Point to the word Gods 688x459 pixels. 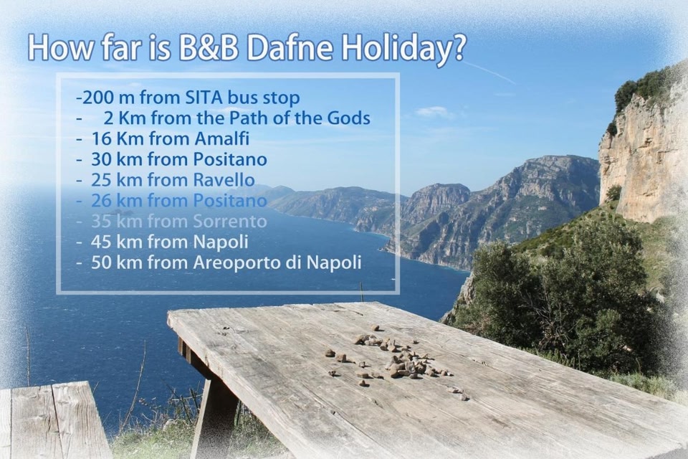click(349, 118)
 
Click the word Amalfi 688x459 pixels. click(221, 138)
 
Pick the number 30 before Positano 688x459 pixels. click(101, 159)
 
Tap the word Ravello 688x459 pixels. click(224, 179)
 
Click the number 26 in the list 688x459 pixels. click(101, 200)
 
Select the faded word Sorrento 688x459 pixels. click(230, 221)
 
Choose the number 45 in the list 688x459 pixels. click(101, 242)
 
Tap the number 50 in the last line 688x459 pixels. click(101, 262)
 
